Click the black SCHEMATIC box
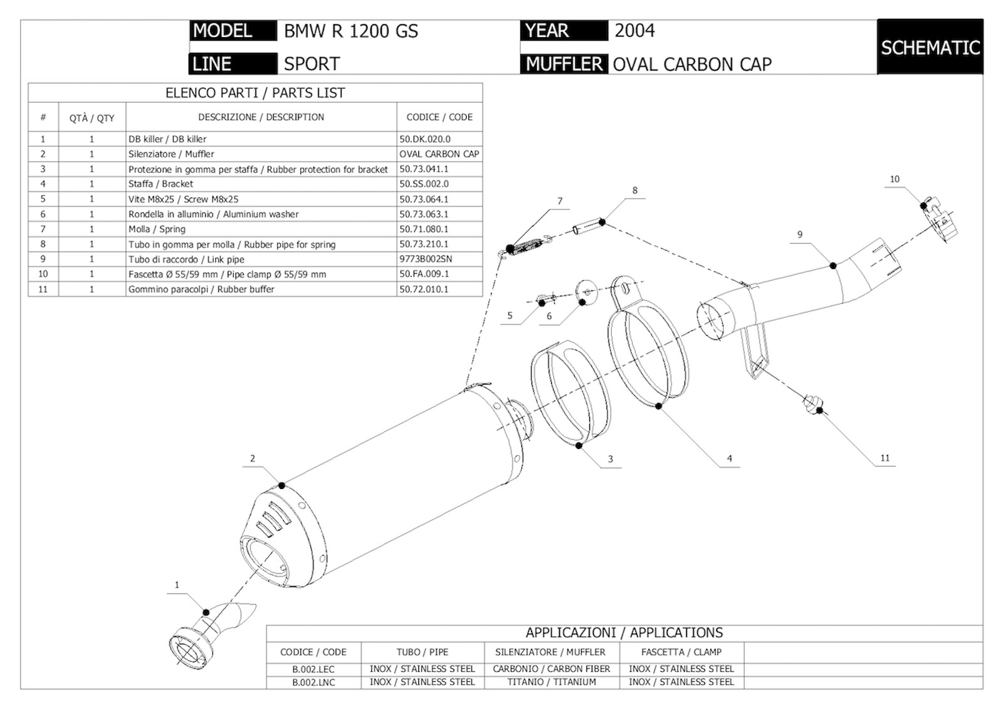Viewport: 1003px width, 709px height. click(x=930, y=47)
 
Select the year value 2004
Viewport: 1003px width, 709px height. click(x=634, y=31)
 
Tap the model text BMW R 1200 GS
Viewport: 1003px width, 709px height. click(x=350, y=31)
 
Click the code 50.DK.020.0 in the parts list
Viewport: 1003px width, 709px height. click(x=424, y=139)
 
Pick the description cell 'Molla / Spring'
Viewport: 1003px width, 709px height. click(x=157, y=229)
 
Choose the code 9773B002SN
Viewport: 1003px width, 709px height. click(x=426, y=259)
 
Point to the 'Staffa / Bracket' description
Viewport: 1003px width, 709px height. click(x=160, y=184)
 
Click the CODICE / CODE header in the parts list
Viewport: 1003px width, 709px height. click(x=439, y=117)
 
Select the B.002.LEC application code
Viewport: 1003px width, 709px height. click(x=313, y=670)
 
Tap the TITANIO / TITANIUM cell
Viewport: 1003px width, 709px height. click(x=552, y=682)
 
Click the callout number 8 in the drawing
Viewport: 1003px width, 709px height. click(x=634, y=191)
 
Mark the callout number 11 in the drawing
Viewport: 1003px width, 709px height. click(x=885, y=458)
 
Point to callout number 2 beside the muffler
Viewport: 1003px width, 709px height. click(x=253, y=459)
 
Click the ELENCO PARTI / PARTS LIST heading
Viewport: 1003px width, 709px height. click(x=255, y=93)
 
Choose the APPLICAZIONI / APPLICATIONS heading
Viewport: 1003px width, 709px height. click(x=624, y=633)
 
